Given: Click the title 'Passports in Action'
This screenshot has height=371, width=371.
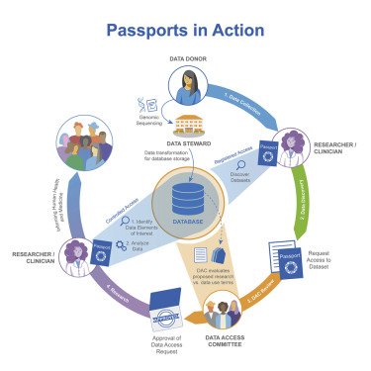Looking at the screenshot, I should pos(184,32).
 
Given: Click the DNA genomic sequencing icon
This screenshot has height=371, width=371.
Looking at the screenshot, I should pos(145,102).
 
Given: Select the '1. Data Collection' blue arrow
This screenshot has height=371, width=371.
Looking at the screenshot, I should pos(241,105).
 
